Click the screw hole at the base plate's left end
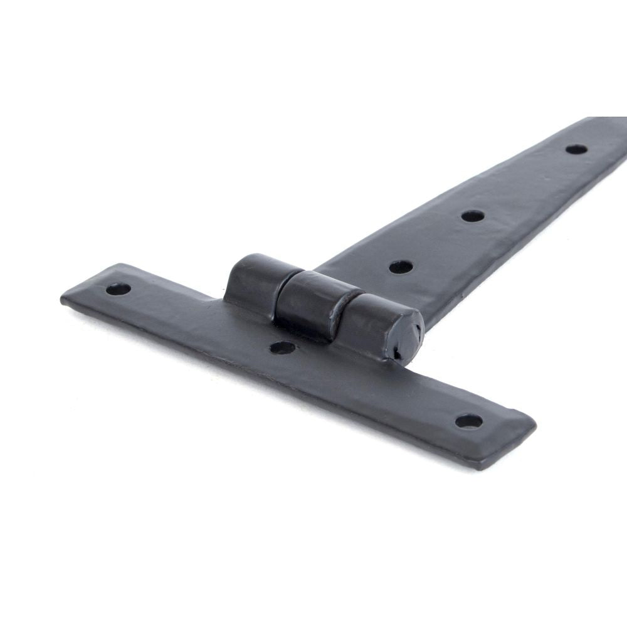[118, 289]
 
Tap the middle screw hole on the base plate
[283, 347]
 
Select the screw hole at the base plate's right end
[468, 421]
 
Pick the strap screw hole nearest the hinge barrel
[401, 266]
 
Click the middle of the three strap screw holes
[473, 216]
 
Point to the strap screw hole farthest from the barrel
[576, 149]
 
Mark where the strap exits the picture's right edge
[624, 144]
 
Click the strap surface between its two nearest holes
[437, 241]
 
